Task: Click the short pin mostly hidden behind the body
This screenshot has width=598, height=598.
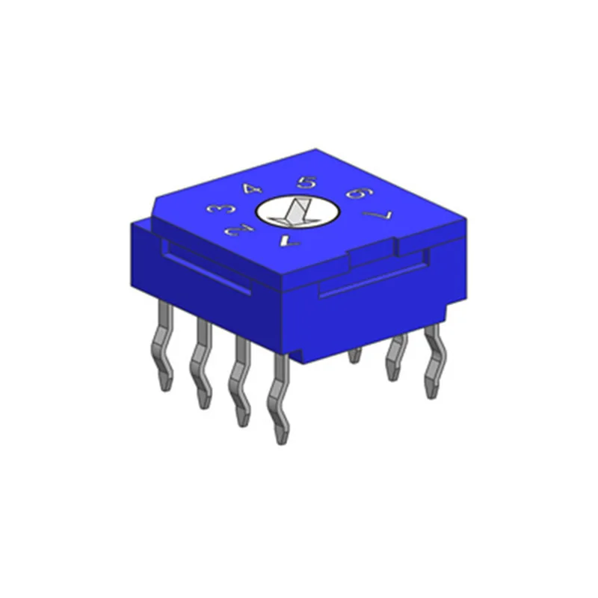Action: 355,356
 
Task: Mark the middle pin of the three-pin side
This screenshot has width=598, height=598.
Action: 394,359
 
